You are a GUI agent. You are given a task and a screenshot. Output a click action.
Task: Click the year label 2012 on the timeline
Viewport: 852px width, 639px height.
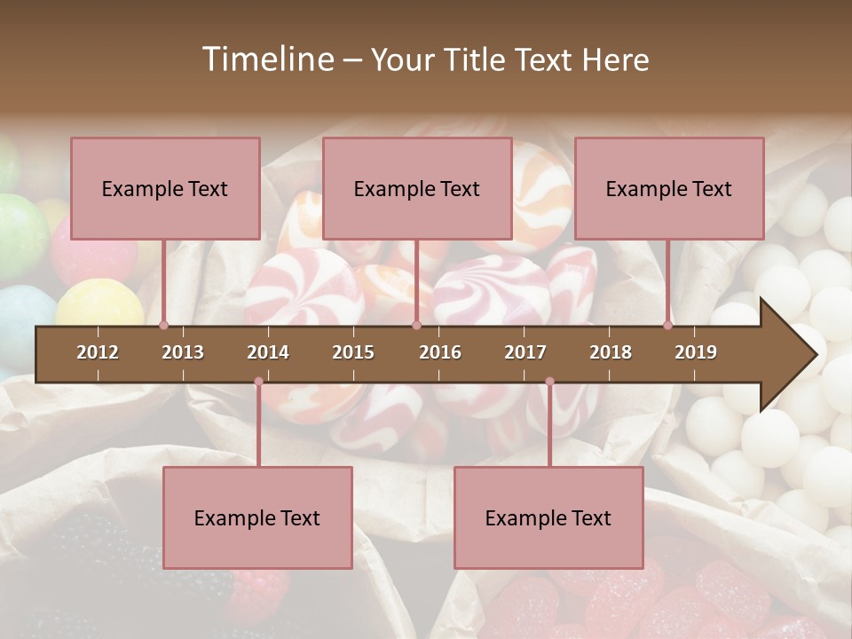[x=98, y=352]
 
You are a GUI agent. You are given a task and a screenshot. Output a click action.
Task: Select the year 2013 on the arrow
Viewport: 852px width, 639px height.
[x=183, y=352]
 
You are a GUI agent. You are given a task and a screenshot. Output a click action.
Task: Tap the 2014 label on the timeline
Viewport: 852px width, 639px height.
[x=268, y=352]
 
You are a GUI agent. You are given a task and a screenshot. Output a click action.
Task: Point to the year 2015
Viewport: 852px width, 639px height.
[x=353, y=352]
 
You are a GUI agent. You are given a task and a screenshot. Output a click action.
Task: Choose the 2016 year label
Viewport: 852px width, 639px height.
[x=440, y=352]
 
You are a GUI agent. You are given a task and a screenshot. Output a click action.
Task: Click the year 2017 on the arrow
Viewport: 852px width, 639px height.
[x=525, y=352]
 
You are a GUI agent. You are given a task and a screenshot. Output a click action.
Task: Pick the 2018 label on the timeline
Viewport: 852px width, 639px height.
[x=611, y=352]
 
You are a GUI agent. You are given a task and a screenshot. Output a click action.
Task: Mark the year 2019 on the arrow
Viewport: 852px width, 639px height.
[x=696, y=352]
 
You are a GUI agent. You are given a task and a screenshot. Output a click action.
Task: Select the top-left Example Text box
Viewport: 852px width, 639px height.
[x=165, y=188]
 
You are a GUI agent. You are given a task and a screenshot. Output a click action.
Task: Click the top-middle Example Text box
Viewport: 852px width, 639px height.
[x=417, y=188]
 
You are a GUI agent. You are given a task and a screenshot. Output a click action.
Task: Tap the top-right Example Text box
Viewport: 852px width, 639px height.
[x=669, y=188]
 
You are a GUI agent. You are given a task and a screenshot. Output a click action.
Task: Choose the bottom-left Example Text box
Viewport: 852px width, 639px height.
[x=257, y=517]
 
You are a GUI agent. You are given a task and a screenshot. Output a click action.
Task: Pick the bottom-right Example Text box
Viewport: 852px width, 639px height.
[x=548, y=517]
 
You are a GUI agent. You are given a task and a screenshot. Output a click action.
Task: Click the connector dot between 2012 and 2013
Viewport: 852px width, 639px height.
[x=163, y=326]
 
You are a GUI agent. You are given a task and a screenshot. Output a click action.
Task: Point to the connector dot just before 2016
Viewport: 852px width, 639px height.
[x=416, y=326]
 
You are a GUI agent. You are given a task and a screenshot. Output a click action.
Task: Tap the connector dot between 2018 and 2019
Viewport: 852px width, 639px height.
[x=667, y=326]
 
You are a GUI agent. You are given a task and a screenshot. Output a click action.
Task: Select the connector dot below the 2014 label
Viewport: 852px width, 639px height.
[x=258, y=382]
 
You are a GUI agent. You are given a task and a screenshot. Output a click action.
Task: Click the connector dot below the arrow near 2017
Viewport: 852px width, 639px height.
[x=549, y=382]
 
